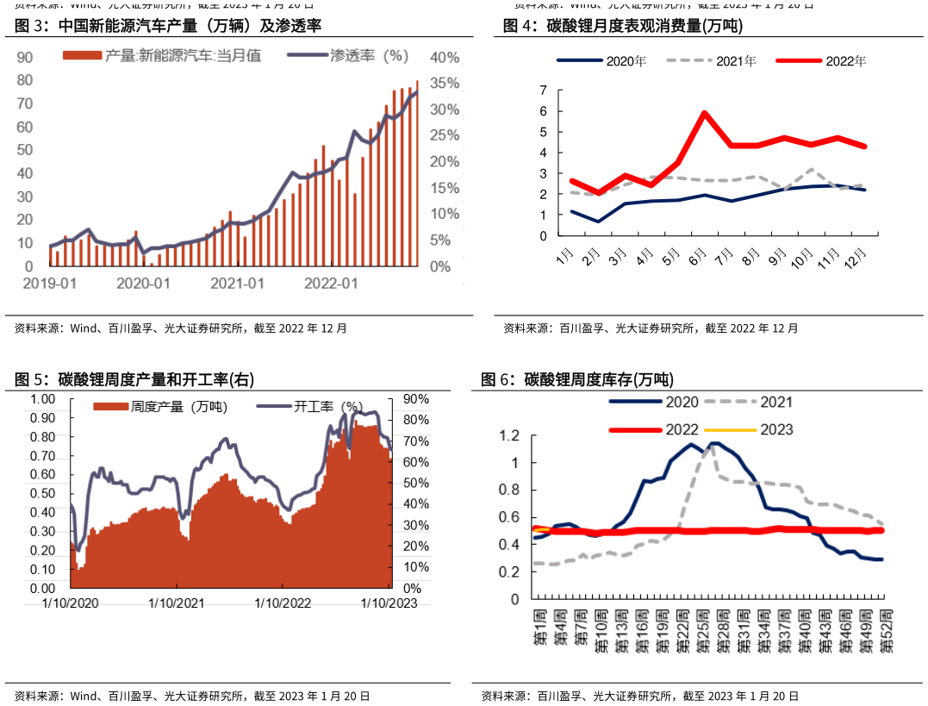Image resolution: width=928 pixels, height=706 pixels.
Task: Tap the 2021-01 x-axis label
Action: [237, 284]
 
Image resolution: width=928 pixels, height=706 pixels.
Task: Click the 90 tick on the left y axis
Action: [26, 57]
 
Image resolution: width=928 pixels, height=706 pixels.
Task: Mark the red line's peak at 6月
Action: [705, 113]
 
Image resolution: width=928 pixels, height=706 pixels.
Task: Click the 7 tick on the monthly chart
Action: [543, 91]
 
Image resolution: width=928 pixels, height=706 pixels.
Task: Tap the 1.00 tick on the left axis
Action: [44, 399]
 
